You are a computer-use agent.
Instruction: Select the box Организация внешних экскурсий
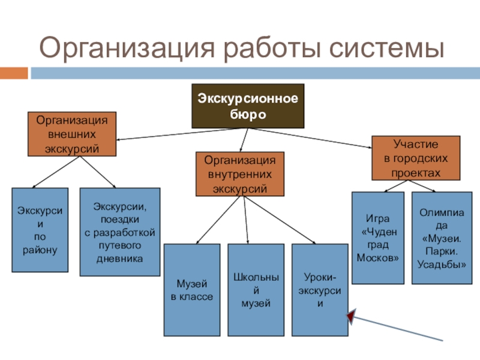pos(72,133)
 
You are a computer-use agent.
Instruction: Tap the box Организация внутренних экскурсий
pos(240,174)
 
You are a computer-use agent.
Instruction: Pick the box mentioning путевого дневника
pos(120,232)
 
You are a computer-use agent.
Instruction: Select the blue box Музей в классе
pos(191,289)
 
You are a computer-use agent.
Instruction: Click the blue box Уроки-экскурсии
pos(320,289)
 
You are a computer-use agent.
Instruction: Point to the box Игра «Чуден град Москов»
pos(377,238)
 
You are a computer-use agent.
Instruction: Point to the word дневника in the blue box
pos(120,259)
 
